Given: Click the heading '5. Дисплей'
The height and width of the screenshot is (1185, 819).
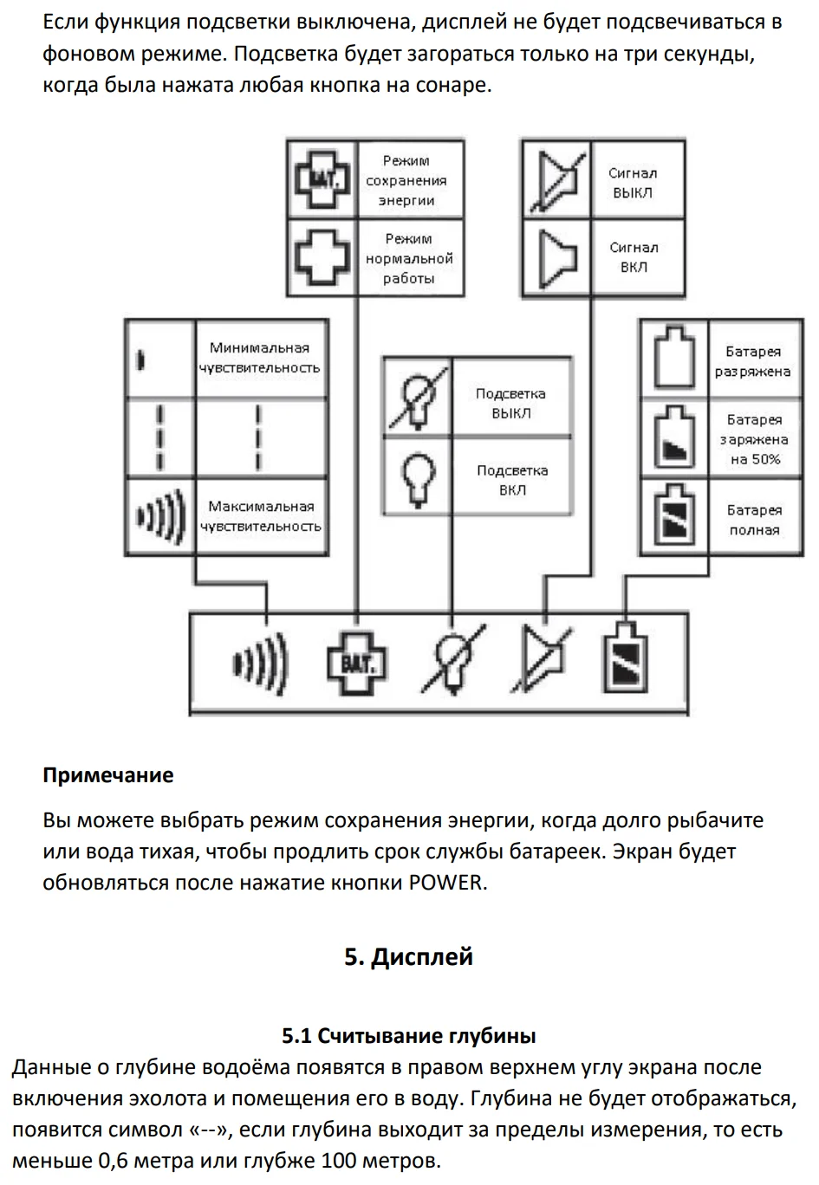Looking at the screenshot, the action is (408, 957).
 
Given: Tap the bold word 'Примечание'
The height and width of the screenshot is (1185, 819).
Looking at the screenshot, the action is (108, 775).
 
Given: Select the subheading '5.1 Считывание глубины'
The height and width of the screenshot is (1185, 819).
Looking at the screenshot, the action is (409, 1035).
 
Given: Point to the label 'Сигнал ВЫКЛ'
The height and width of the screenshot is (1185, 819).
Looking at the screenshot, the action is (633, 183).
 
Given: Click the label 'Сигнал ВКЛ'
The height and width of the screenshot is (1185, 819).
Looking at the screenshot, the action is (634, 257).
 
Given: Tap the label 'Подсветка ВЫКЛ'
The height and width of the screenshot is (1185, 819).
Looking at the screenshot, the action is (510, 403).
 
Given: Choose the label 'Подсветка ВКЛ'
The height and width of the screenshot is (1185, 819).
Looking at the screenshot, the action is (512, 481).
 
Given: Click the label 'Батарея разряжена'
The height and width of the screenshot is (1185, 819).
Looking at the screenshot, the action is (753, 361).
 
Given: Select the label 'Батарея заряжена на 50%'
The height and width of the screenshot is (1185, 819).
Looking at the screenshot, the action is (754, 439).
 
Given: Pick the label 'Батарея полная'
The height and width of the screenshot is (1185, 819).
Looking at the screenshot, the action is (754, 520).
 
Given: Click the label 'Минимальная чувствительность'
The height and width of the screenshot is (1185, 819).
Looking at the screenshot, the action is (259, 358).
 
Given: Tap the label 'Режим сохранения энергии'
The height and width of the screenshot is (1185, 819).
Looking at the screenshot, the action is (406, 180).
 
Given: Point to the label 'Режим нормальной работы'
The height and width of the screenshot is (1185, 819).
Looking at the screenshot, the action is (409, 259).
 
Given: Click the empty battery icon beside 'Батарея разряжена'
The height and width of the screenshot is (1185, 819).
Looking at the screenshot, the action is (674, 358).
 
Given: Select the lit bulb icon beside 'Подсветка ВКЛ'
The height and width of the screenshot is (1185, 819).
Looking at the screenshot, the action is (419, 481).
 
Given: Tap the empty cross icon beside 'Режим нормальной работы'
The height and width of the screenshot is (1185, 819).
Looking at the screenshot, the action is (322, 257).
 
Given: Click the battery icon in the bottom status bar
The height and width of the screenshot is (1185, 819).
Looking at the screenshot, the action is (626, 658).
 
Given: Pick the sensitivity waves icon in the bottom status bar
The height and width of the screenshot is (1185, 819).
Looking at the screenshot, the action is (261, 664).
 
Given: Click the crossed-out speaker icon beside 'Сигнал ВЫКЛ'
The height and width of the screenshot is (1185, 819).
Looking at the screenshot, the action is (558, 181).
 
